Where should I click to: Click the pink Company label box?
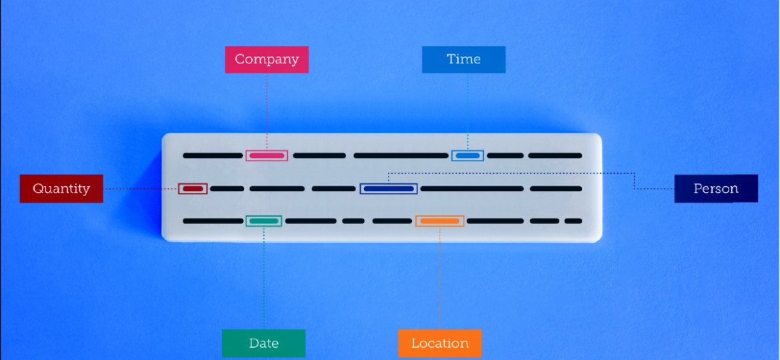click(267, 59)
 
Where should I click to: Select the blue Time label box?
click(463, 59)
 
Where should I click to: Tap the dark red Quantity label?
click(61, 189)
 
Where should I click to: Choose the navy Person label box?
click(715, 189)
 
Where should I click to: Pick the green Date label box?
click(263, 343)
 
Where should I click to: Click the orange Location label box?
click(439, 343)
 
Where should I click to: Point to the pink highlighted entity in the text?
click(267, 155)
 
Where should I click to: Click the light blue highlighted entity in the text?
click(467, 155)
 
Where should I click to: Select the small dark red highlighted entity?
click(193, 189)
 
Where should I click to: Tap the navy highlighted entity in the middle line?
click(389, 189)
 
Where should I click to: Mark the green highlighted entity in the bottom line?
click(264, 221)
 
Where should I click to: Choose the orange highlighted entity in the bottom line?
click(440, 221)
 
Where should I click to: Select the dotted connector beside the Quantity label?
click(140, 189)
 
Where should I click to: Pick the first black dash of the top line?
click(213, 155)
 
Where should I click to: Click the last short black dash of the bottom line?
click(573, 221)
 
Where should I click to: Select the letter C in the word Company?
click(239, 59)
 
